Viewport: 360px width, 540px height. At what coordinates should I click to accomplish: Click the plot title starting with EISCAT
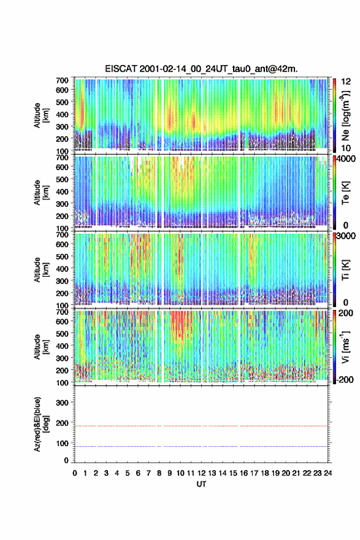pyautogui.click(x=201, y=69)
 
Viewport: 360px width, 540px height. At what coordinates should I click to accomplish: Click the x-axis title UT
pyautogui.click(x=201, y=484)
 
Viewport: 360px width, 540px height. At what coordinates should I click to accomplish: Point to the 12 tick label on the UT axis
pyautogui.click(x=201, y=473)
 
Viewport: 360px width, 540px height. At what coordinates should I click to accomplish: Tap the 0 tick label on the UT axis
pyautogui.click(x=75, y=473)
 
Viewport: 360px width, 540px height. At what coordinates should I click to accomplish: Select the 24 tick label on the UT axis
pyautogui.click(x=328, y=473)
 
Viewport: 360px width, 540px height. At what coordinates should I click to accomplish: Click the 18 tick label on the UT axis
pyautogui.click(x=265, y=473)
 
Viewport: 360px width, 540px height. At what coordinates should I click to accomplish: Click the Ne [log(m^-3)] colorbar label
pyautogui.click(x=345, y=115)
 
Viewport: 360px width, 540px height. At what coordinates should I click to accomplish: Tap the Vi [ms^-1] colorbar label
pyautogui.click(x=345, y=347)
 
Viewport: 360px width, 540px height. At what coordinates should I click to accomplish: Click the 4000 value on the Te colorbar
pyautogui.click(x=345, y=159)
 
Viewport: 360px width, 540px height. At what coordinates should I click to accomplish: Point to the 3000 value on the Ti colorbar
pyautogui.click(x=345, y=236)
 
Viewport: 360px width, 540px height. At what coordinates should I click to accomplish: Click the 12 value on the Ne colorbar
pyautogui.click(x=346, y=82)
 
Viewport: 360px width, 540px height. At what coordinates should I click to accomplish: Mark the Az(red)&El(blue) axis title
pyautogui.click(x=41, y=424)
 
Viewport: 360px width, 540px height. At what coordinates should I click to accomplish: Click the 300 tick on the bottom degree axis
pyautogui.click(x=63, y=403)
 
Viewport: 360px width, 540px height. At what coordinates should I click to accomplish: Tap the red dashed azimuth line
pyautogui.click(x=201, y=426)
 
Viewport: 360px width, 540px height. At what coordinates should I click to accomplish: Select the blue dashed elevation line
pyautogui.click(x=201, y=446)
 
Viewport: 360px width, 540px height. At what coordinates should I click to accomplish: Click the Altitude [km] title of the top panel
pyautogui.click(x=41, y=115)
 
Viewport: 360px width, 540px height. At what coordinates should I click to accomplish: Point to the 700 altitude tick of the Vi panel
pyautogui.click(x=63, y=312)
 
